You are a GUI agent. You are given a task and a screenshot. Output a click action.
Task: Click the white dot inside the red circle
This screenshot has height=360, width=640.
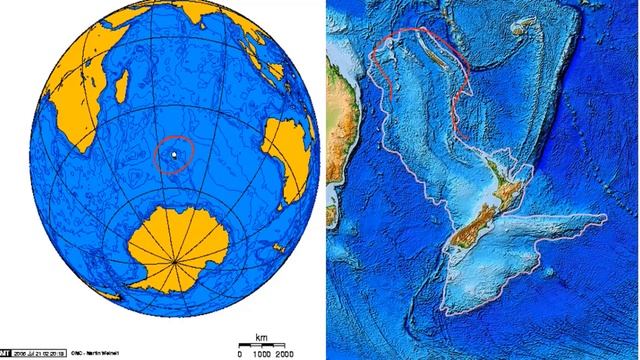[x=176, y=156]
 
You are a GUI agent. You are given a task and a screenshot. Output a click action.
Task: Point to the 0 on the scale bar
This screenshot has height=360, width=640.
[x=239, y=354]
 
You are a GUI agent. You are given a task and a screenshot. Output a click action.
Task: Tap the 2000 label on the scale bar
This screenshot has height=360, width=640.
[x=286, y=354]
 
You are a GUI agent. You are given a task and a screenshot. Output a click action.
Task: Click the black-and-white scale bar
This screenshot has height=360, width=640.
[x=263, y=346]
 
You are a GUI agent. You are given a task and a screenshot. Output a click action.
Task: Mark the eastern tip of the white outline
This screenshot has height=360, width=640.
[x=608, y=218]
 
